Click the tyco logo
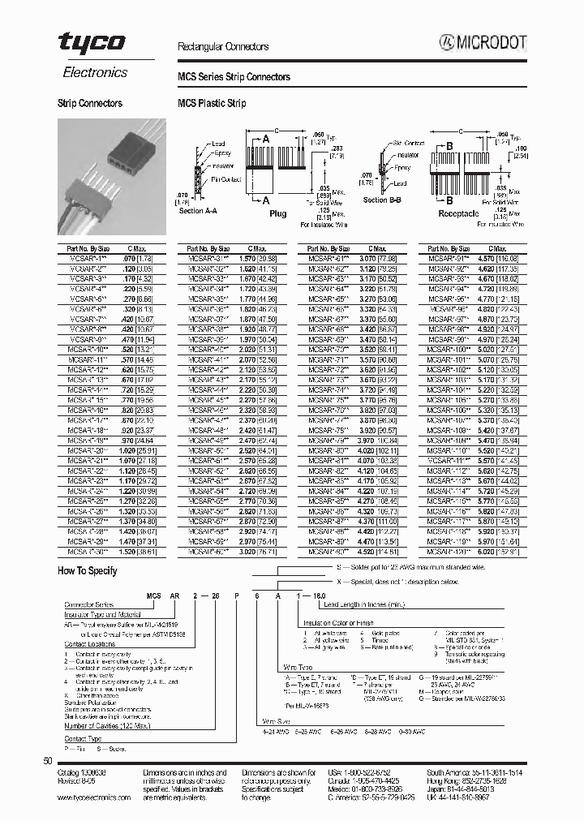pos(92,44)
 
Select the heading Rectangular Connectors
pos(223,48)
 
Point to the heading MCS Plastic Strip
pos(212,104)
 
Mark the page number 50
pos(46,761)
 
